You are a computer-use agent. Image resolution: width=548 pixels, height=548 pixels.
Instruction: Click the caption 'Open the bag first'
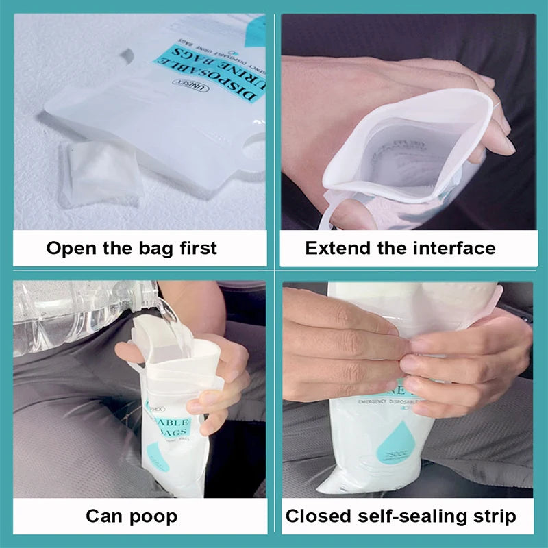click(x=132, y=248)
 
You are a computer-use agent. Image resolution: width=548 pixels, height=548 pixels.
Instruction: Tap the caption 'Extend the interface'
click(x=400, y=248)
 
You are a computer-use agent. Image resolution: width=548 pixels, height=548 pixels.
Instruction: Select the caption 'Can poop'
click(x=132, y=515)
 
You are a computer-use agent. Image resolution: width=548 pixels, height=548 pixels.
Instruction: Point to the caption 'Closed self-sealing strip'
click(x=401, y=515)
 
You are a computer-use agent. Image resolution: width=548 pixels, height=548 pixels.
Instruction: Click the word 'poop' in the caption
click(x=155, y=516)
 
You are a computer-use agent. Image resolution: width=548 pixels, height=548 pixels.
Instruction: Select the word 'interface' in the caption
click(x=458, y=248)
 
